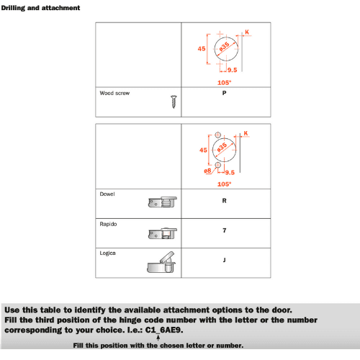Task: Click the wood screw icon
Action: (174, 101)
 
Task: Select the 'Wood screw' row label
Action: (114, 94)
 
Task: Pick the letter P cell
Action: (225, 94)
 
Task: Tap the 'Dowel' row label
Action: (108, 194)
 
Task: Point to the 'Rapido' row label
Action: (109, 224)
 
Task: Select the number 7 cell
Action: (225, 231)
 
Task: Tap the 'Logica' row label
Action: (109, 253)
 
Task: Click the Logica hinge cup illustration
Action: (162, 263)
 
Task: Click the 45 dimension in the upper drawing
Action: (202, 49)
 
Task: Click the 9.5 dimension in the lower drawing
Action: (230, 173)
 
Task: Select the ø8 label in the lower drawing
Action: (207, 171)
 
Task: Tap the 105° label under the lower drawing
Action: (225, 184)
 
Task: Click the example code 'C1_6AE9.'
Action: (165, 329)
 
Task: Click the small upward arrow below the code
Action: (158, 338)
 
